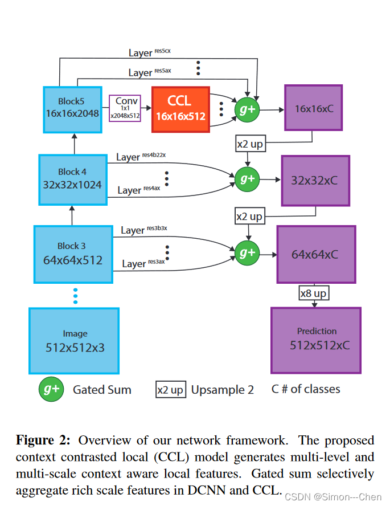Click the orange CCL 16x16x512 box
[180, 109]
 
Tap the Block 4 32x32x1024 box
[72, 178]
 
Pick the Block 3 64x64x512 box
[72, 253]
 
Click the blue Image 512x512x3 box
[75, 340]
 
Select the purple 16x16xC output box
[314, 108]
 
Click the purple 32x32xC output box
[314, 180]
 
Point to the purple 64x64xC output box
[315, 254]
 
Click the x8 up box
[313, 293]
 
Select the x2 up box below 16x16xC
[249, 144]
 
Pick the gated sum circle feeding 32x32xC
[247, 179]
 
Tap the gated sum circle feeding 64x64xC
[247, 251]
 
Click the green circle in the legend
[51, 390]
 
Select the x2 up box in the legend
[170, 390]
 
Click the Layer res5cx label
[150, 52]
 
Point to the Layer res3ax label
[143, 263]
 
